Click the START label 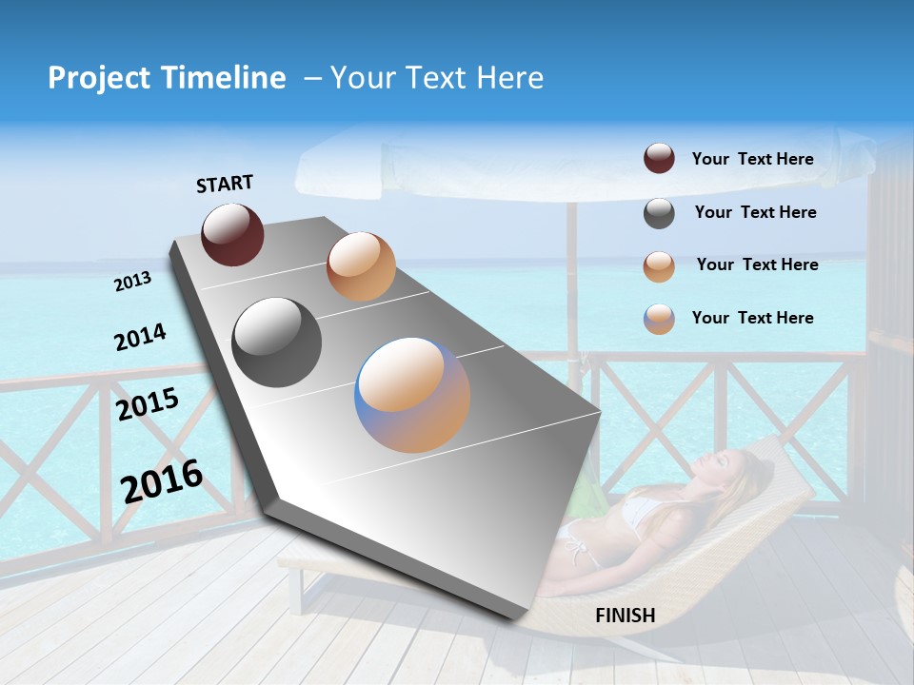tap(225, 184)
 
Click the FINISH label tap(626, 616)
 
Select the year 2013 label tap(133, 282)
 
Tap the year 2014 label tap(140, 338)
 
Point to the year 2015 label tap(148, 404)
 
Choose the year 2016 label tap(162, 479)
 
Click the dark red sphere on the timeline tap(232, 234)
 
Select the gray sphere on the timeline tap(277, 342)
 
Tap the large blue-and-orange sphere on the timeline tap(412, 395)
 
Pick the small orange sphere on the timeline tap(361, 266)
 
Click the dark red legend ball tap(659, 159)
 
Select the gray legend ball tap(659, 213)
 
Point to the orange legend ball tap(659, 266)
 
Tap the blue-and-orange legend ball tap(659, 319)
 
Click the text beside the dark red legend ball tap(752, 159)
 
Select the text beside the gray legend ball tap(755, 212)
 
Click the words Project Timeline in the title tap(167, 78)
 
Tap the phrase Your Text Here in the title tap(437, 78)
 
